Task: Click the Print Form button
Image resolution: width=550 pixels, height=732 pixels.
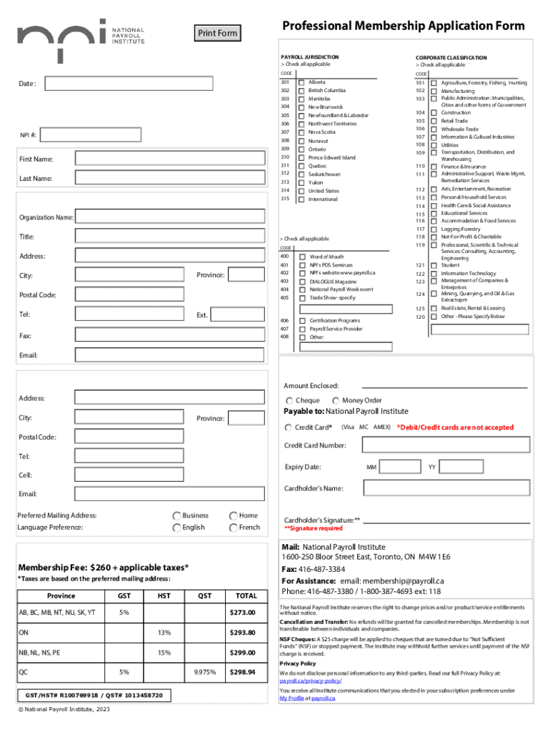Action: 217,33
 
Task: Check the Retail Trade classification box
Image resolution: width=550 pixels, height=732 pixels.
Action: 433,122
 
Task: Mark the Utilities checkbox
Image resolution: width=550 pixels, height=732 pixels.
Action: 433,144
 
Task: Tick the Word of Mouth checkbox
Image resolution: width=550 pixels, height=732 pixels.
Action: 302,257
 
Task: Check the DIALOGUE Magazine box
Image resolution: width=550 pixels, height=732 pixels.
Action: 302,282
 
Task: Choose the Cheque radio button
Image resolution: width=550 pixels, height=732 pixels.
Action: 289,401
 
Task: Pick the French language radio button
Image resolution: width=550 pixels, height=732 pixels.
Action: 233,528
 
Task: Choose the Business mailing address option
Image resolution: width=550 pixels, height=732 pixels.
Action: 176,515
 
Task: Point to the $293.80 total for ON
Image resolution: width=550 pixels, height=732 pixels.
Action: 242,633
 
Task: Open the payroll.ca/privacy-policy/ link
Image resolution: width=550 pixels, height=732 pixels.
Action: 306,681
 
